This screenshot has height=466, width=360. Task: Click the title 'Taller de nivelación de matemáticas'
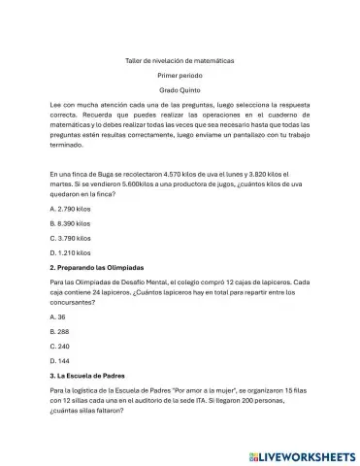180,60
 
